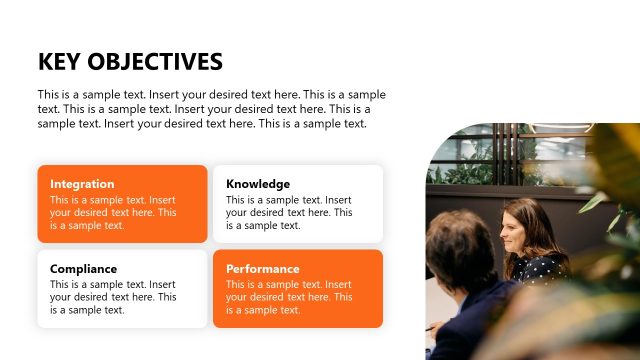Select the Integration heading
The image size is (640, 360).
point(82,184)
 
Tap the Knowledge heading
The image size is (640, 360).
point(258,184)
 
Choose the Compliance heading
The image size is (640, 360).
point(83,269)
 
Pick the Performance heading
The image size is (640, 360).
point(262,269)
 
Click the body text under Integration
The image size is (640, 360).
point(112,213)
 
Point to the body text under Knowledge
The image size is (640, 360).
point(288,213)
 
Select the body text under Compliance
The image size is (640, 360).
point(112,298)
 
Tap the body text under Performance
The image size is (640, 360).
point(288,298)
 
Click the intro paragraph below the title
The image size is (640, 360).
point(210,109)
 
